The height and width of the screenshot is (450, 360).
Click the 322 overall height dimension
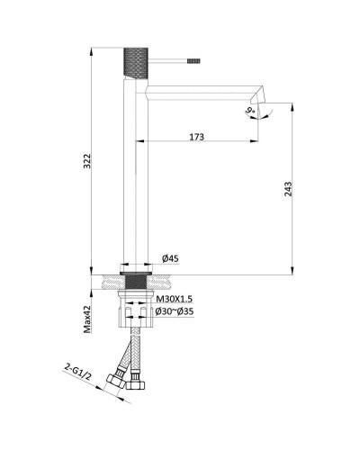click(x=86, y=161)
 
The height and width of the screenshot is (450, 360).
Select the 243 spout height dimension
click(x=288, y=189)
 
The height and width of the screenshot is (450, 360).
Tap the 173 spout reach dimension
click(x=197, y=137)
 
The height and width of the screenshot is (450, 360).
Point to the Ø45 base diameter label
click(x=170, y=258)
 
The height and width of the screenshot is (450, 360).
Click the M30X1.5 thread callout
click(x=175, y=299)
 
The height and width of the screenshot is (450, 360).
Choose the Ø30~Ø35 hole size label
click(x=175, y=311)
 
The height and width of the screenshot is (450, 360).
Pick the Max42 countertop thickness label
click(x=87, y=319)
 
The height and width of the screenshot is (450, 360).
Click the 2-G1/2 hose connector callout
click(x=77, y=372)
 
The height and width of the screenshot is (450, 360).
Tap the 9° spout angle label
click(x=250, y=112)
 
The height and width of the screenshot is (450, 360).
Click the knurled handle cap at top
click(x=136, y=63)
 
